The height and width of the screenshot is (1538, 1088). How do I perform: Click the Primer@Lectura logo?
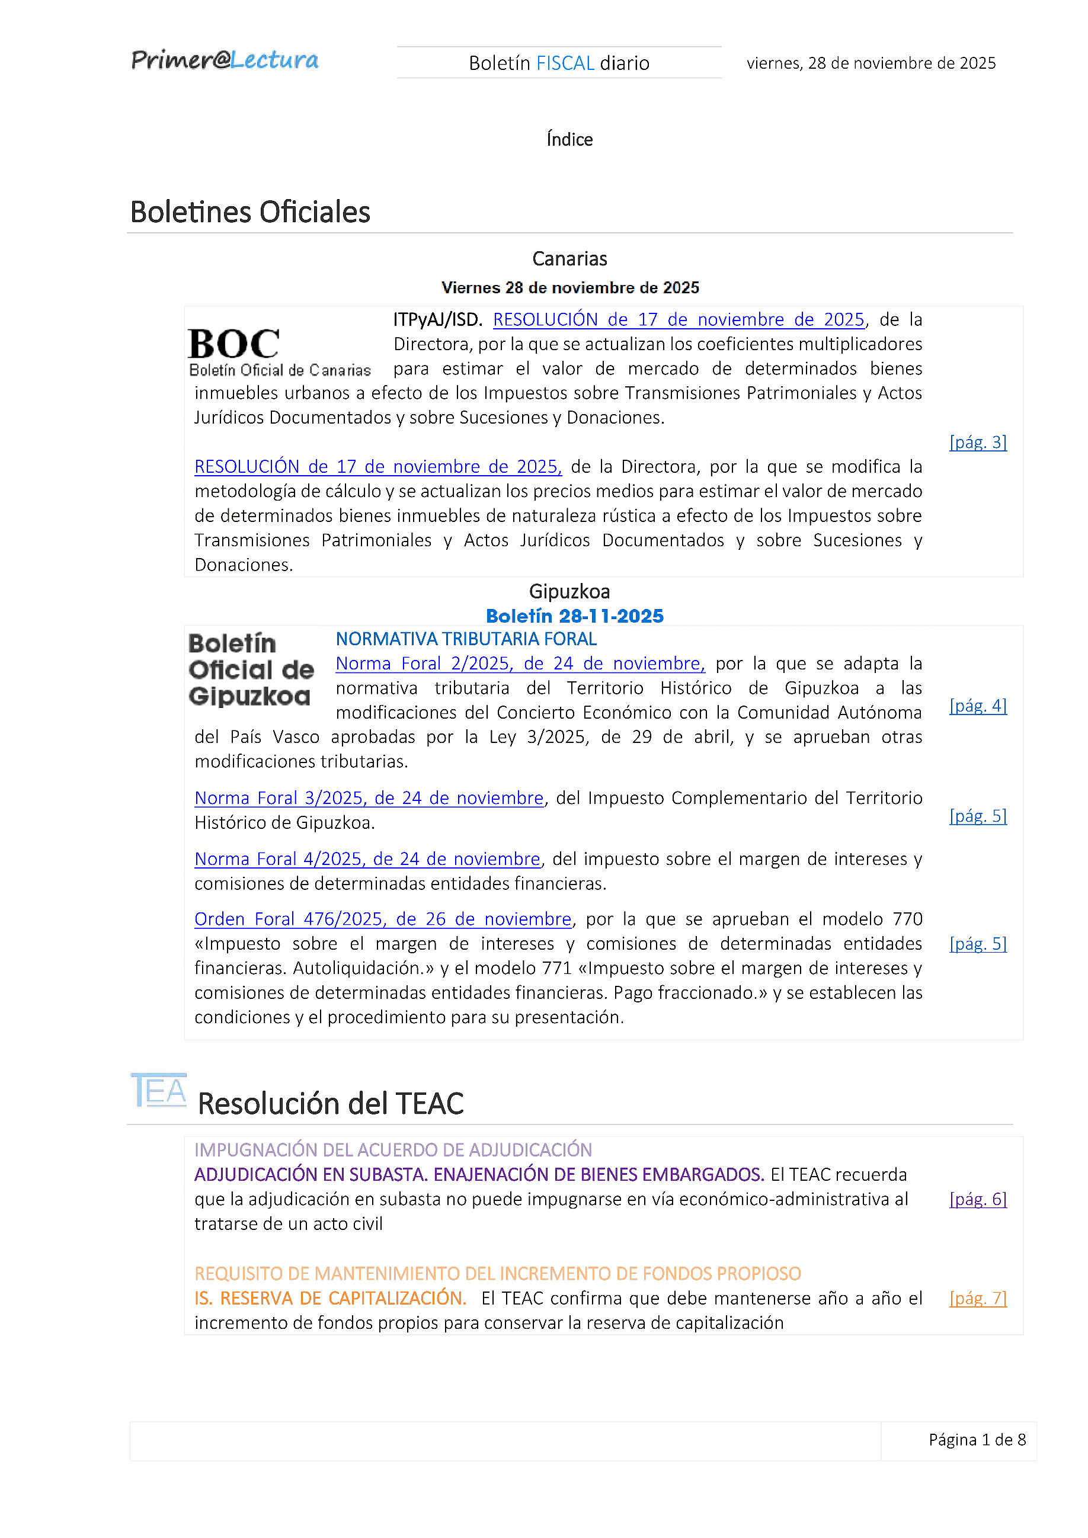(x=225, y=60)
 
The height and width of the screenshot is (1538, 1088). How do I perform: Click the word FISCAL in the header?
(x=565, y=63)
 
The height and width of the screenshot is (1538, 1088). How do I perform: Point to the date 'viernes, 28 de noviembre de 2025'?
(x=871, y=63)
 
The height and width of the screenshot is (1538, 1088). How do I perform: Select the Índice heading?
(x=569, y=139)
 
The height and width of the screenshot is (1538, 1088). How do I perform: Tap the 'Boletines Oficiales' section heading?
(x=250, y=212)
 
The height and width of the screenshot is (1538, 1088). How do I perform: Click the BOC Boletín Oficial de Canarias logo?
(x=279, y=353)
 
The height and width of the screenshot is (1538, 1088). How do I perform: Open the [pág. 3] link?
(x=977, y=442)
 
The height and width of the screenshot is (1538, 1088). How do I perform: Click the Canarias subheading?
(x=569, y=258)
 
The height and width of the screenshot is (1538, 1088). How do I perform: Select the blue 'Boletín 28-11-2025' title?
(x=574, y=616)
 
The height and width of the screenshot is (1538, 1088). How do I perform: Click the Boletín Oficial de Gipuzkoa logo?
(x=251, y=669)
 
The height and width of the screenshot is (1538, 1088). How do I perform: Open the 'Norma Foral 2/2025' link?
(x=520, y=663)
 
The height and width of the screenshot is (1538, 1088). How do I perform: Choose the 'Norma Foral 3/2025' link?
(x=369, y=798)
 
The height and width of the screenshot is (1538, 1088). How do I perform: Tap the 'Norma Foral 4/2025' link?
(x=367, y=859)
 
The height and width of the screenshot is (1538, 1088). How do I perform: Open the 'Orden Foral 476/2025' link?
(x=383, y=919)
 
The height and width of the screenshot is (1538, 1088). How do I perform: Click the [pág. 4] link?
(x=977, y=706)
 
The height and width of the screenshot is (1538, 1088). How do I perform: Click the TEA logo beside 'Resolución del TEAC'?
(x=159, y=1091)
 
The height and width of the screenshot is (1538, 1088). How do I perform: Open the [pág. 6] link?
(x=977, y=1199)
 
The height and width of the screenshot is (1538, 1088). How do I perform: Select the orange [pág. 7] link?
(x=977, y=1298)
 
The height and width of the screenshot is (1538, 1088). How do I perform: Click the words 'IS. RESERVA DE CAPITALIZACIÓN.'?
(x=330, y=1298)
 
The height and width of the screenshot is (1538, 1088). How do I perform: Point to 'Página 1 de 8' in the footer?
(x=976, y=1440)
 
